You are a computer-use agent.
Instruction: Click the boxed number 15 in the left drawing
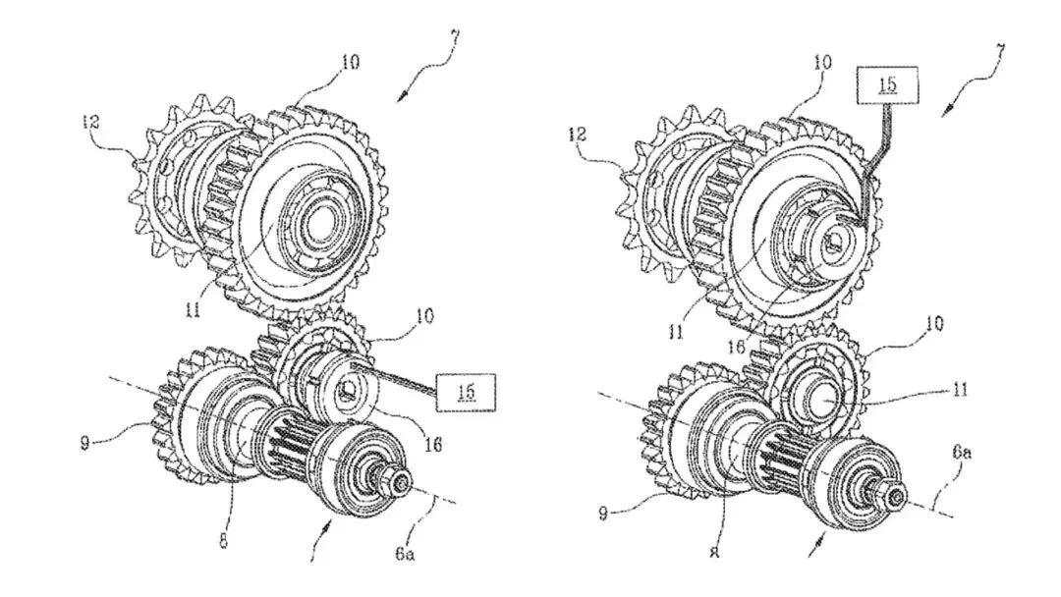point(467,391)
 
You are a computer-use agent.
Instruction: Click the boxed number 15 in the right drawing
point(886,84)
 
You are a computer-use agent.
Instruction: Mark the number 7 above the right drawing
point(1000,50)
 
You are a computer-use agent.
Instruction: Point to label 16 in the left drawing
point(432,445)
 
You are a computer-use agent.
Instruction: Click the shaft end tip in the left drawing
point(402,483)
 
